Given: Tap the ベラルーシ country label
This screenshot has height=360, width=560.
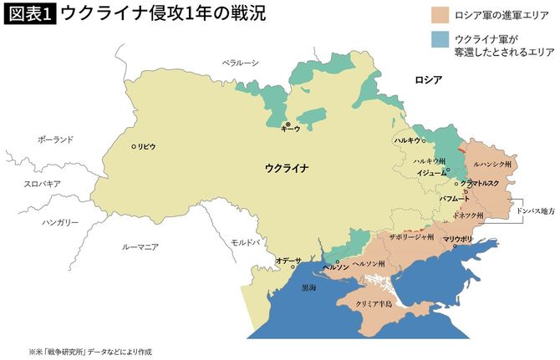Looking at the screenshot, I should point(241,63).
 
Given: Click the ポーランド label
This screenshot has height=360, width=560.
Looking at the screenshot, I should point(55,139).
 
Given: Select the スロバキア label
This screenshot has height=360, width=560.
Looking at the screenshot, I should point(43,182).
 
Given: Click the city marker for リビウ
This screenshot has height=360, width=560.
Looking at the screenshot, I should point(134,146).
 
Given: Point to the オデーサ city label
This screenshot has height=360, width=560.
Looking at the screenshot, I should point(288,261).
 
